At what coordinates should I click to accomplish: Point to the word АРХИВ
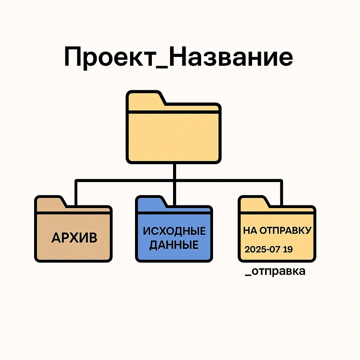coord(74,238)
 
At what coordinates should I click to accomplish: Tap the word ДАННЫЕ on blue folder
coord(174,245)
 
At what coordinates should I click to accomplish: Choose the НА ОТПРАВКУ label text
coord(277,231)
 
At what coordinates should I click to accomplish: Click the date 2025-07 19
coord(269,250)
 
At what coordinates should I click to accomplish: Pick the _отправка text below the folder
coord(275,272)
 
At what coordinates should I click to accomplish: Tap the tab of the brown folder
coord(49,203)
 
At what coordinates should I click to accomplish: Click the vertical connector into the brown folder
coord(76,193)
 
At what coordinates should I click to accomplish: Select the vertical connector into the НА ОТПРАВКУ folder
coord(281,193)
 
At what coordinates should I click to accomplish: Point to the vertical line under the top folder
coord(174,172)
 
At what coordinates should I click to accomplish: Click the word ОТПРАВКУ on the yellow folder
coord(285,231)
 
